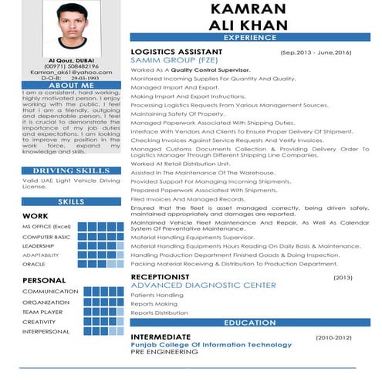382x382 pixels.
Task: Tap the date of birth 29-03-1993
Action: click(90, 78)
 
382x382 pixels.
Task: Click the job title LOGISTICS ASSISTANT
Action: click(176, 51)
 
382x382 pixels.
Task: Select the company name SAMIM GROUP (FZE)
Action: click(168, 59)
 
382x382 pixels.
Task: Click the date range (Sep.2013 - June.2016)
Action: click(316, 52)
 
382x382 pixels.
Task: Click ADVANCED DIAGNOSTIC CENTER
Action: click(203, 285)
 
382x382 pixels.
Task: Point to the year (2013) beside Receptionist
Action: click(342, 276)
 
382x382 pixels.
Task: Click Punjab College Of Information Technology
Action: click(211, 344)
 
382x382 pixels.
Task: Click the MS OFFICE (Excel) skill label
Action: click(46, 227)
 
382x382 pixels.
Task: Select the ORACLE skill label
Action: click(33, 264)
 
